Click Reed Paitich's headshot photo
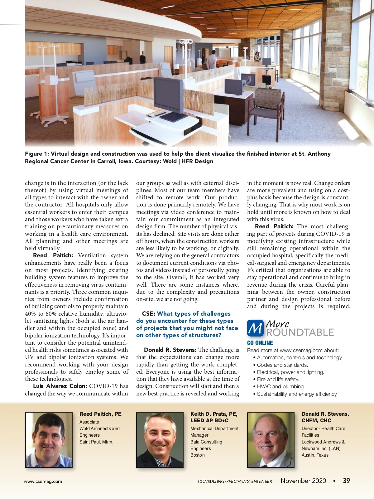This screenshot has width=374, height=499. [49, 440]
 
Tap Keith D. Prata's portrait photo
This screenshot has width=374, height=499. [160, 440]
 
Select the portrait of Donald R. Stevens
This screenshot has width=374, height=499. [271, 440]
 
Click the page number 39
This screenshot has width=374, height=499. [346, 481]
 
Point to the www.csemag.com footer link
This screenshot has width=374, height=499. [43, 481]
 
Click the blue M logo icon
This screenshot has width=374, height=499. [255, 328]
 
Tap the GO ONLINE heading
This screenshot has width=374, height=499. [260, 343]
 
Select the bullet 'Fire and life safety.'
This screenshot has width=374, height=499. [278, 379]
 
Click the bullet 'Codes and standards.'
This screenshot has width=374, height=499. [282, 365]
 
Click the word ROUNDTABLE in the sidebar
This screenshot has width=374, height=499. [300, 332]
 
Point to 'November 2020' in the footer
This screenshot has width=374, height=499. [303, 481]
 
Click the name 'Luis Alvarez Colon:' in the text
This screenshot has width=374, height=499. [60, 386]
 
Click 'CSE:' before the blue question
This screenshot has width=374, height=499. [148, 314]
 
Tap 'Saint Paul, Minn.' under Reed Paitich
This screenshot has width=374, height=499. [96, 442]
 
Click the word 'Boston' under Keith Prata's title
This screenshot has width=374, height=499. [198, 455]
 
